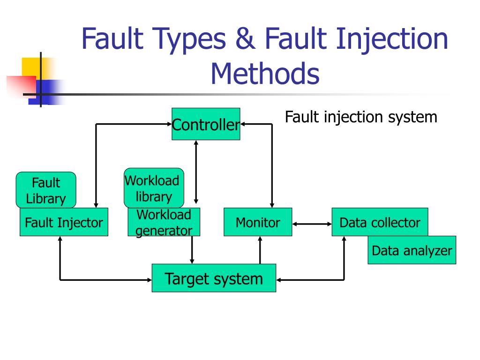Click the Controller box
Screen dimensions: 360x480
pyautogui.click(x=206, y=124)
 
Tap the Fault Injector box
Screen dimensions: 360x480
pyautogui.click(x=64, y=223)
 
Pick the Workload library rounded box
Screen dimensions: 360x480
pyautogui.click(x=154, y=187)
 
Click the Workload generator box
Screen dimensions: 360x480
pyautogui.click(x=164, y=223)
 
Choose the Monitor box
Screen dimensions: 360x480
pyautogui.click(x=257, y=222)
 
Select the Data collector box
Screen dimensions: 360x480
pyautogui.click(x=380, y=222)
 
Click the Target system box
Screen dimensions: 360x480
pyautogui.click(x=214, y=278)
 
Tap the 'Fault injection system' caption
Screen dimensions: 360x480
pyautogui.click(x=361, y=117)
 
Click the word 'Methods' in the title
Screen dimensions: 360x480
pyautogui.click(x=265, y=74)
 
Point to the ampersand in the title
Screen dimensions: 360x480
pyautogui.click(x=247, y=39)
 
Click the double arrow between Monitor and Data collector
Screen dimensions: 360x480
pyautogui.click(x=312, y=224)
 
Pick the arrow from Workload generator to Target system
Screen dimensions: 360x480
pyautogui.click(x=192, y=250)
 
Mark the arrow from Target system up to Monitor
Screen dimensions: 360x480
pyautogui.click(x=260, y=250)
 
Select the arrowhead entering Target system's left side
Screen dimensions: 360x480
pyautogui.click(x=149, y=280)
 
